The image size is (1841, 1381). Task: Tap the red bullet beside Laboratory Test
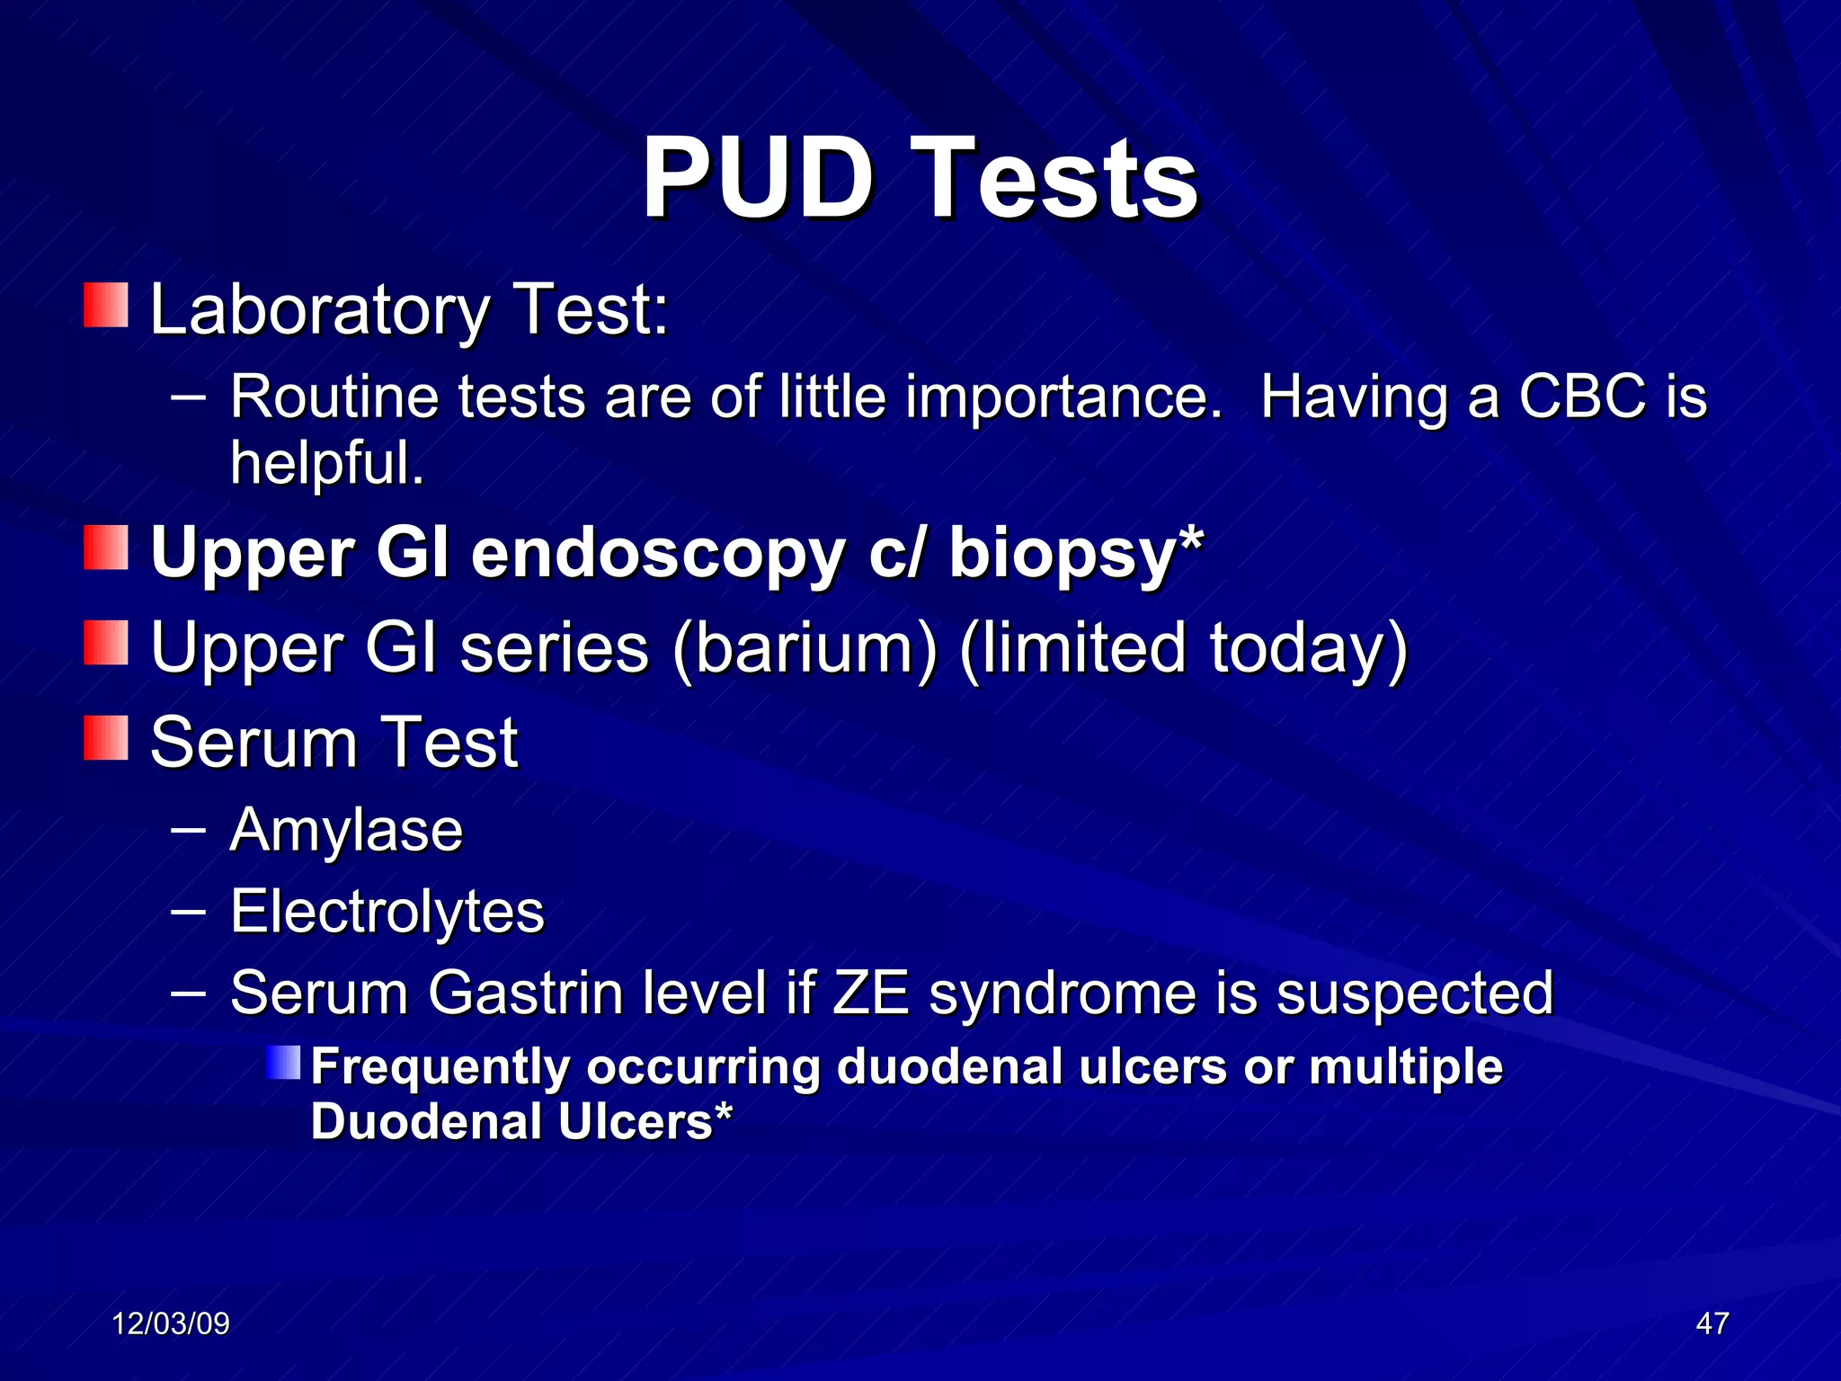pyautogui.click(x=106, y=306)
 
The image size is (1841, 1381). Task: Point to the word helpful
pyautogui.click(x=326, y=463)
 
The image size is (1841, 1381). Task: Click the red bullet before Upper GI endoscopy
pyautogui.click(x=106, y=548)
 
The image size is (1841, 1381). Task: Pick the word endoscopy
pyautogui.click(x=657, y=553)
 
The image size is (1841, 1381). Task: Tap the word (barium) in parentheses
pyautogui.click(x=805, y=647)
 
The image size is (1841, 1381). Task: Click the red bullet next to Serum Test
pyautogui.click(x=106, y=738)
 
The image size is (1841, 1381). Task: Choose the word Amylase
pyautogui.click(x=346, y=830)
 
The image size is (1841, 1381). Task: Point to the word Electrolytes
pyautogui.click(x=387, y=912)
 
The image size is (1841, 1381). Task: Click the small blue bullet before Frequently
pyautogui.click(x=284, y=1063)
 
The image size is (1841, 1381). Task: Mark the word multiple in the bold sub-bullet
pyautogui.click(x=1406, y=1067)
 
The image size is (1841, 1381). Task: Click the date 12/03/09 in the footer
pyautogui.click(x=171, y=1323)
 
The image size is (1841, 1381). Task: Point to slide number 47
pyautogui.click(x=1712, y=1323)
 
